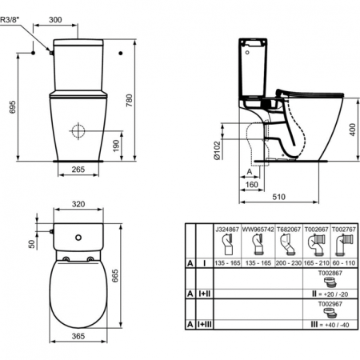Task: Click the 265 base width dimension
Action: tap(78, 169)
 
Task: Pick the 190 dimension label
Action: tap(117, 144)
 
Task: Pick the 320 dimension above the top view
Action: tap(78, 205)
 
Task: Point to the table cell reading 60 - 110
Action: tap(341, 262)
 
